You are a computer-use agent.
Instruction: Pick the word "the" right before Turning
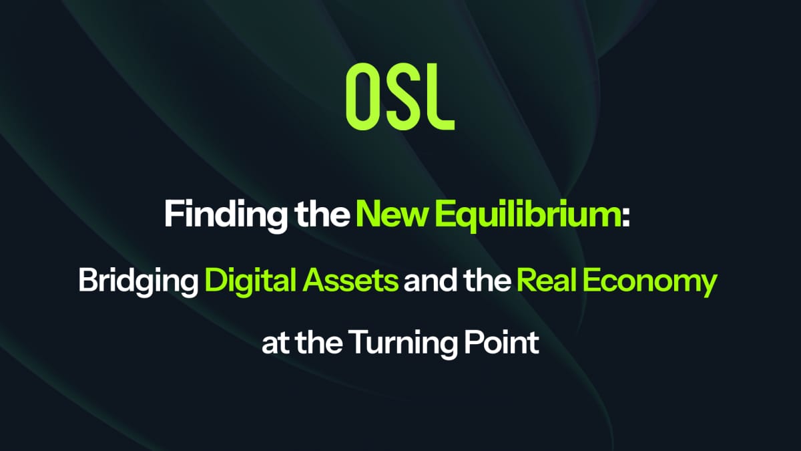[320, 343]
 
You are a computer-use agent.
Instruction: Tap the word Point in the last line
[502, 343]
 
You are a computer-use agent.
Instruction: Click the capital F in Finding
[173, 216]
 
